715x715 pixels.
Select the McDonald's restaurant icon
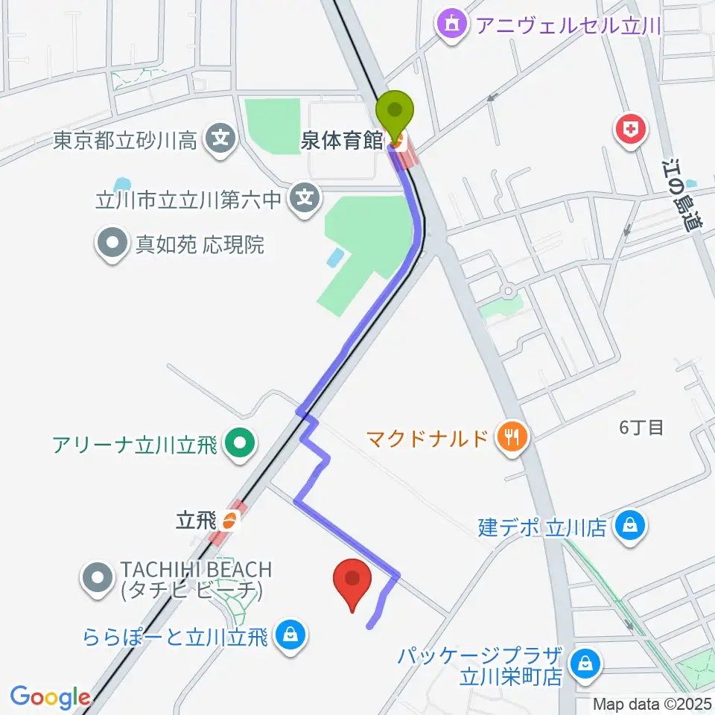pyautogui.click(x=512, y=437)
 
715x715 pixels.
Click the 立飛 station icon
pyautogui.click(x=230, y=521)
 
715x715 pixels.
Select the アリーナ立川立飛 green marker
pyautogui.click(x=239, y=445)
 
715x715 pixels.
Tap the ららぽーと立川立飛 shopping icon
pyautogui.click(x=288, y=635)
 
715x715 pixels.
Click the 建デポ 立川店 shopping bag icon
pyautogui.click(x=631, y=529)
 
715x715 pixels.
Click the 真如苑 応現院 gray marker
pyautogui.click(x=112, y=244)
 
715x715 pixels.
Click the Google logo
pyautogui.click(x=50, y=697)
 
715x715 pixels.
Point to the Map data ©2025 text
pyautogui.click(x=652, y=704)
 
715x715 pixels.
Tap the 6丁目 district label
pyautogui.click(x=641, y=428)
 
